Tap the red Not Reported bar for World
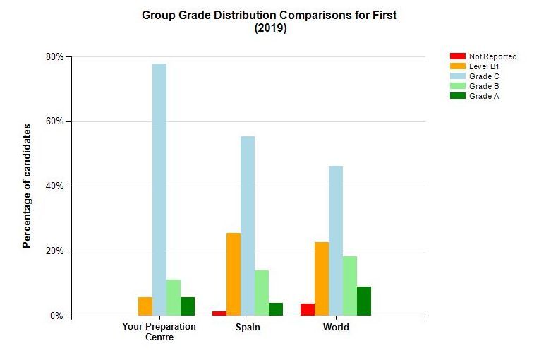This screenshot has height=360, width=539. (x=308, y=309)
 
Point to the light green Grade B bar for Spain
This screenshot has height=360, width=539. (x=262, y=292)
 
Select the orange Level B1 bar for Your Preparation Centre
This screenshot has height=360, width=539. (x=145, y=306)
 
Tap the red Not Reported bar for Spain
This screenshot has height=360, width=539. (x=219, y=313)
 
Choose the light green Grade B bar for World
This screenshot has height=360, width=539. (x=350, y=285)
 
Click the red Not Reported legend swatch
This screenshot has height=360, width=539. (x=458, y=56)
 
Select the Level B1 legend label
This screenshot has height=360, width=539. (x=484, y=66)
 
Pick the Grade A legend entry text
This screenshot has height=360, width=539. (x=484, y=96)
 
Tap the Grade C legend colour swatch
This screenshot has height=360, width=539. (x=458, y=76)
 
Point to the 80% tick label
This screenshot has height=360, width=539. (x=55, y=56)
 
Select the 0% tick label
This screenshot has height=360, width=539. (x=57, y=316)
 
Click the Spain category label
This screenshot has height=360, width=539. (x=248, y=328)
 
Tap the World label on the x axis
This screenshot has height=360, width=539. (x=336, y=328)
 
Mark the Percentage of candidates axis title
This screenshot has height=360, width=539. (x=27, y=186)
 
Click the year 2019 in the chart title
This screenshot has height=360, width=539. (x=269, y=29)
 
